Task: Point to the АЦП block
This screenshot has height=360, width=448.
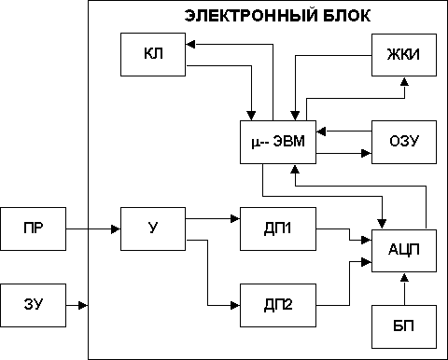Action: click(x=399, y=248)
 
